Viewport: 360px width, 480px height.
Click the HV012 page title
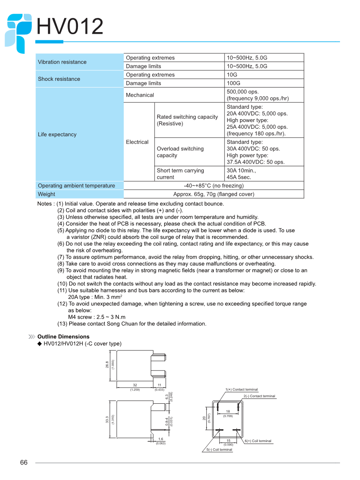[x=70, y=27]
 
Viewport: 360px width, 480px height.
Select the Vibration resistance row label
[x=62, y=62]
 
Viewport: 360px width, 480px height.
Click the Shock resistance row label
[x=59, y=79]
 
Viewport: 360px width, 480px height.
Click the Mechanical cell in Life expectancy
[x=140, y=95]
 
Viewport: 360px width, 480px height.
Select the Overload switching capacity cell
[x=180, y=152]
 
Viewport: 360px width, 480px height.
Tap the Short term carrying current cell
[x=180, y=174]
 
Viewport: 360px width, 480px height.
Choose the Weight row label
[x=46, y=194]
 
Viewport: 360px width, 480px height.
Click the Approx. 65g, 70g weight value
[x=213, y=194]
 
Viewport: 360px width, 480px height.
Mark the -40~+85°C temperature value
[x=213, y=185]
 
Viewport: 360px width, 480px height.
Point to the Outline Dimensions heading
[x=63, y=337]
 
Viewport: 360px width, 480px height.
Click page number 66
[x=24, y=463]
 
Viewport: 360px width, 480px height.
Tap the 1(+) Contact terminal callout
[x=242, y=390]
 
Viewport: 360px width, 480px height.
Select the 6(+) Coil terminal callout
[x=258, y=441]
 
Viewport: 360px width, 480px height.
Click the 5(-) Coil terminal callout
[x=220, y=450]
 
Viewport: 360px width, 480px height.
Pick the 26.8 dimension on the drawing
[x=107, y=365]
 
